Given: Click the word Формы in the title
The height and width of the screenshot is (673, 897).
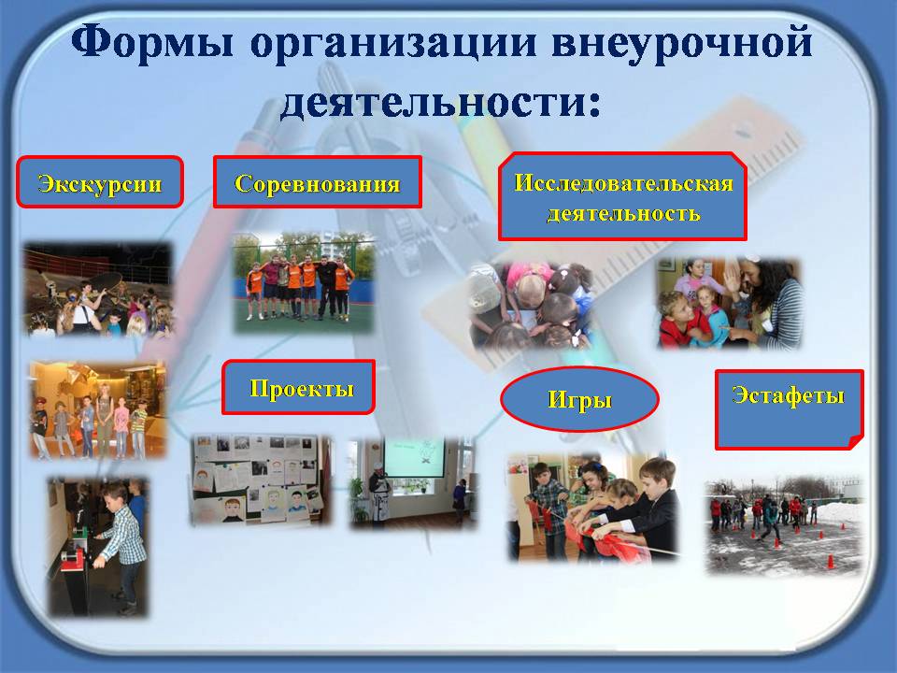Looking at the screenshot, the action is coord(152,41).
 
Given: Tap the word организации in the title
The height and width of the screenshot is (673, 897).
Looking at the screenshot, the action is coord(393,44).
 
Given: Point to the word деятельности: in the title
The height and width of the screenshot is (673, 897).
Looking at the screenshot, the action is coord(440,103).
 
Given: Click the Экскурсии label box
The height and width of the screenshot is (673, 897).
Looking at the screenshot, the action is coord(100,182).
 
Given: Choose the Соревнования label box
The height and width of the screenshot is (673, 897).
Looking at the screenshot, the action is coord(318,182).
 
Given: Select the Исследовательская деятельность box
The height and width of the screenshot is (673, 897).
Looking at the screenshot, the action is coord(623,197).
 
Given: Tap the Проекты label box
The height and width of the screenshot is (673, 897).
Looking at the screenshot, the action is coord(299,387).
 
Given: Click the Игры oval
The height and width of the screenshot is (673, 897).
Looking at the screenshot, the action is coord(579,399).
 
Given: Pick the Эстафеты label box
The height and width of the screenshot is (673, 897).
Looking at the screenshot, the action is coord(790,409).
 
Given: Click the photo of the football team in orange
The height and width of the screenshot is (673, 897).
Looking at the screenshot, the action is coord(303,282).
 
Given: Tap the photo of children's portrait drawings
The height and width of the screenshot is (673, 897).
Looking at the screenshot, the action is coord(261,480).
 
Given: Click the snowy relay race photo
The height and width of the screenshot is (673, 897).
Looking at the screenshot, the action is coord(784,524).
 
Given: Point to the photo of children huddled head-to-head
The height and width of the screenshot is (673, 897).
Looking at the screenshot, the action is coord(529,305).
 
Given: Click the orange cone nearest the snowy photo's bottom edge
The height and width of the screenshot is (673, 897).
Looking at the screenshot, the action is coord(831,562).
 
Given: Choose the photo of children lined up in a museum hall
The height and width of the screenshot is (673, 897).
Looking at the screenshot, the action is coord(98,409).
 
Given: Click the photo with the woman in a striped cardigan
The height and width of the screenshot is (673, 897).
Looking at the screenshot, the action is coord(730,303).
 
